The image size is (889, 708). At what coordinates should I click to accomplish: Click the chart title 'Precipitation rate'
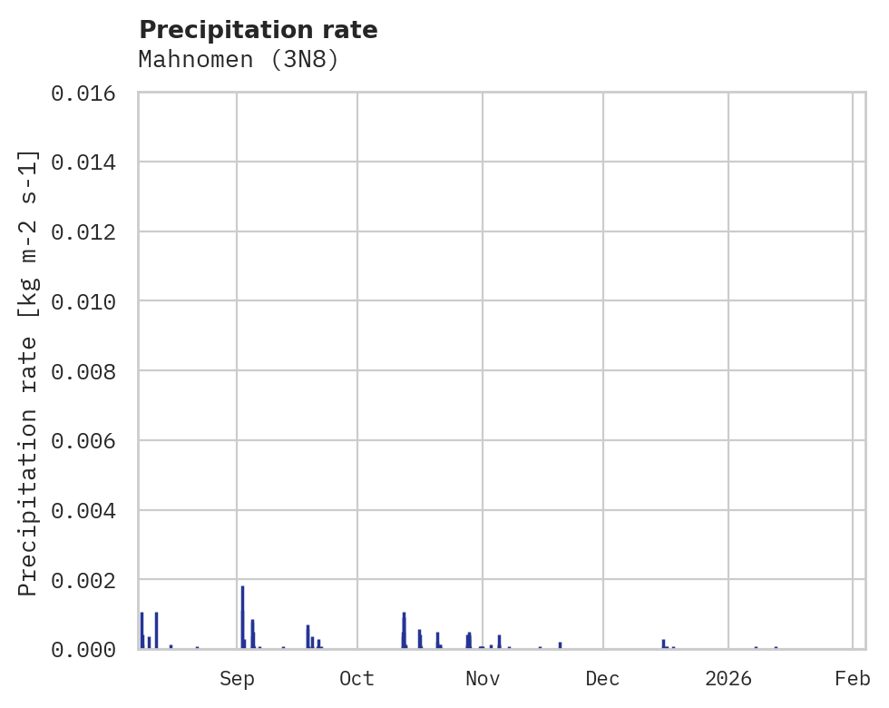pyautogui.click(x=259, y=30)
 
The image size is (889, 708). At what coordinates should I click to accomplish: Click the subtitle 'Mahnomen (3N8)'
pyautogui.click(x=239, y=60)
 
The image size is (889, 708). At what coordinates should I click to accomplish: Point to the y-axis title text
pyautogui.click(x=28, y=373)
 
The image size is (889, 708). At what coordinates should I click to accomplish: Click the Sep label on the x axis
pyautogui.click(x=237, y=679)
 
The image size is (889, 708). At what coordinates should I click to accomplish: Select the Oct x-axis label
pyautogui.click(x=357, y=679)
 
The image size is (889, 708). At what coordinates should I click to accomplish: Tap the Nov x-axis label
pyautogui.click(x=483, y=679)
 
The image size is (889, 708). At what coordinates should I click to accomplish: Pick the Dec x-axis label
pyautogui.click(x=603, y=679)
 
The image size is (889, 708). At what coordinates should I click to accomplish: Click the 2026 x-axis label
pyautogui.click(x=728, y=679)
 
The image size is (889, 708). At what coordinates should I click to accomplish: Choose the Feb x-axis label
pyautogui.click(x=853, y=679)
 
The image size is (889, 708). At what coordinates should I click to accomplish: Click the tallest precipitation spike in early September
pyautogui.click(x=242, y=617)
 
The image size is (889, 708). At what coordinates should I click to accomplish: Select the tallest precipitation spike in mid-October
pyautogui.click(x=404, y=630)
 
